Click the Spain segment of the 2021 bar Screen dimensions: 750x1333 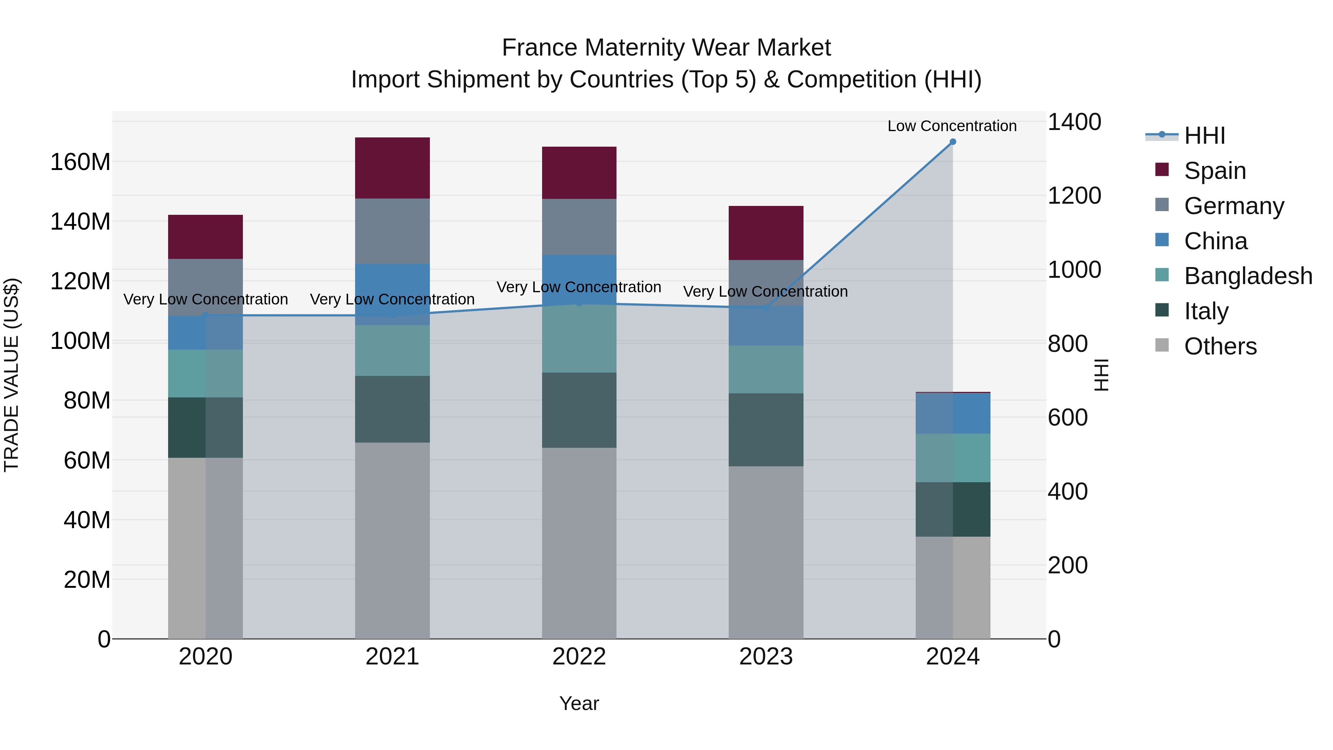tap(392, 168)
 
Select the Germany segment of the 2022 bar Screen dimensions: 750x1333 tap(579, 226)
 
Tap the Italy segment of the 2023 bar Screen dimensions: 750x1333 tap(766, 430)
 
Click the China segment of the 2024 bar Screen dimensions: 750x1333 tap(953, 413)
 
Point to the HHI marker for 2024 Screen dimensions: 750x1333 tap(953, 142)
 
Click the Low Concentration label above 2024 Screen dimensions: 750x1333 tap(952, 126)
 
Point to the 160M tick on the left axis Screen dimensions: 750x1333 tap(80, 162)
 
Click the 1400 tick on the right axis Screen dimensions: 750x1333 tap(1074, 122)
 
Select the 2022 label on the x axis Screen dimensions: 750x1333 tap(579, 657)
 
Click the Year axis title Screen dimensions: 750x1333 tap(579, 703)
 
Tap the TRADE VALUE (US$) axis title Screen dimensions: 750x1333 tap(11, 375)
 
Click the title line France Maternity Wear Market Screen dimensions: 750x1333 tap(666, 48)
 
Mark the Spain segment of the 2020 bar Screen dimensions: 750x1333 tap(206, 237)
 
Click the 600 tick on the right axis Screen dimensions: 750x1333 tap(1068, 418)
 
